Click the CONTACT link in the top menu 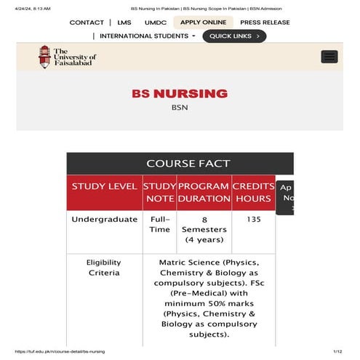pos(87,23)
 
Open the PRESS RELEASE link pos(265,23)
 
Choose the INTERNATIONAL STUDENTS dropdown pos(147,36)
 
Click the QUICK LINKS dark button pos(234,36)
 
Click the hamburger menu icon pos(329,57)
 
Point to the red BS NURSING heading pos(180,94)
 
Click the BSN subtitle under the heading pos(180,108)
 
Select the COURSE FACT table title pos(188,164)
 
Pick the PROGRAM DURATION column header pos(204,192)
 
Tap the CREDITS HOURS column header pos(253,192)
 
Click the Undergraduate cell pos(104,219)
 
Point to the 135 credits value pos(253,219)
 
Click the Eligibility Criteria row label pos(104,268)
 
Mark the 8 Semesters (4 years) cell pos(204,229)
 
